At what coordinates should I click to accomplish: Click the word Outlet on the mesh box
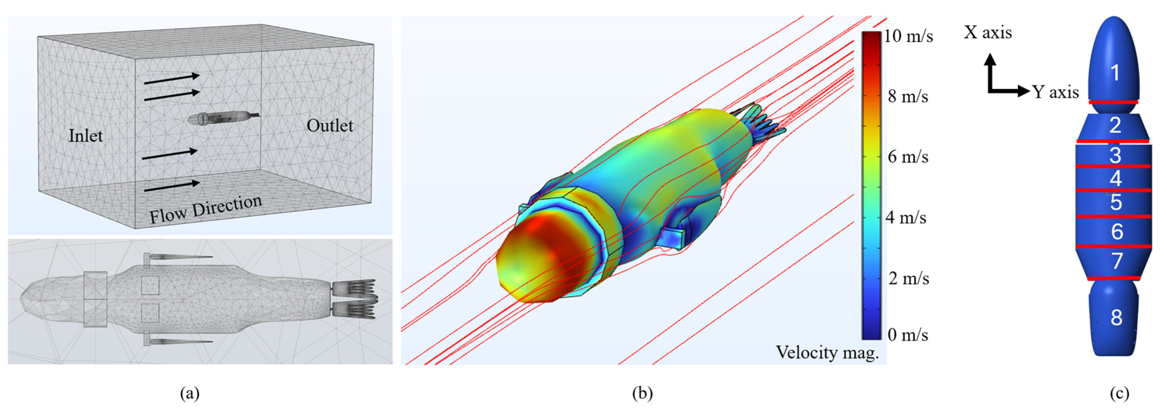pos(330,125)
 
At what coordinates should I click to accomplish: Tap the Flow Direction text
pos(206,209)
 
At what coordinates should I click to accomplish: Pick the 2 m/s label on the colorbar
pos(908,278)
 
